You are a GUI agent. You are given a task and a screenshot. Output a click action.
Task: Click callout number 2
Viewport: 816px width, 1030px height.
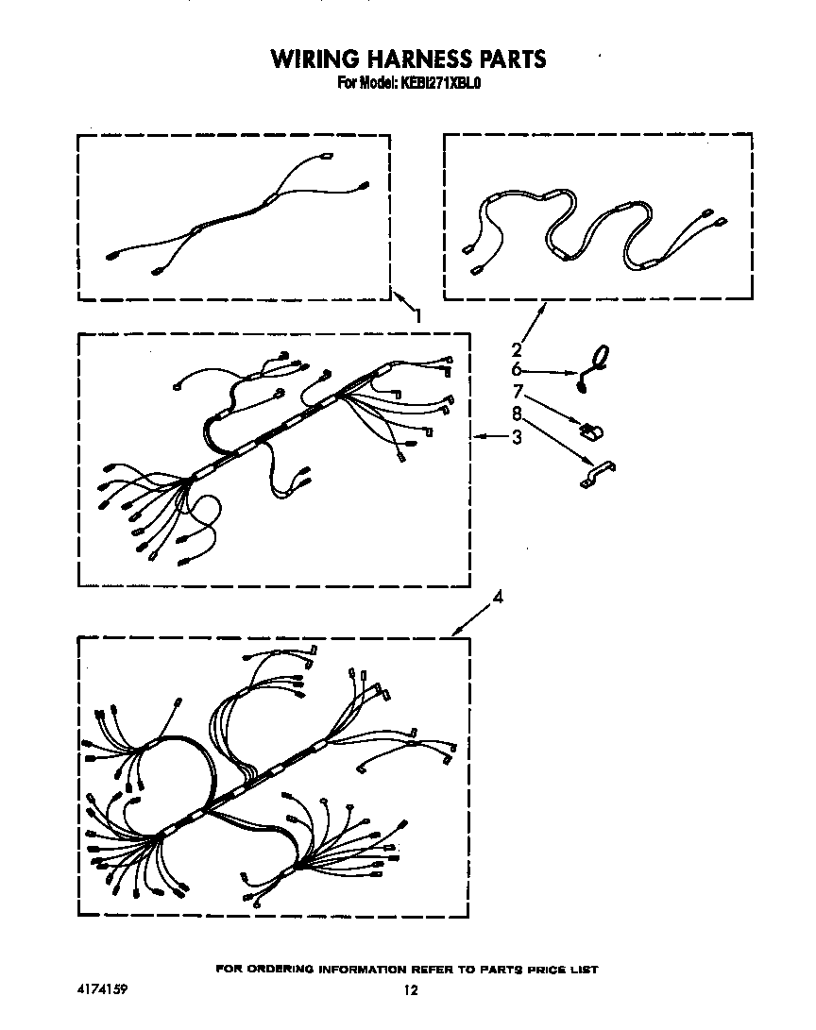(517, 348)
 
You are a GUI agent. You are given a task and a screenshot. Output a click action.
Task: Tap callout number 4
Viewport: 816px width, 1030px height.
(498, 597)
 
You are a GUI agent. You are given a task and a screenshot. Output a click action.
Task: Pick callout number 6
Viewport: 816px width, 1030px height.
(517, 370)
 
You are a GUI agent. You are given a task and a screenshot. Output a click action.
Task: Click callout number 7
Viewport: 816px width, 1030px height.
(517, 391)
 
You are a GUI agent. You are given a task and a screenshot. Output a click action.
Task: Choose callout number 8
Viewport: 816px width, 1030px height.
(517, 413)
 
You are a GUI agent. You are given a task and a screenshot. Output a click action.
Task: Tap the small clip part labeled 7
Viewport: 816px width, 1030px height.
(592, 431)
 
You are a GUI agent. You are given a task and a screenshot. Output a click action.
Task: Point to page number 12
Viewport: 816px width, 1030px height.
(409, 990)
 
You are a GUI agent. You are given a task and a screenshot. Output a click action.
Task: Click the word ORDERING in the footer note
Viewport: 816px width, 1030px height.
(282, 970)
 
